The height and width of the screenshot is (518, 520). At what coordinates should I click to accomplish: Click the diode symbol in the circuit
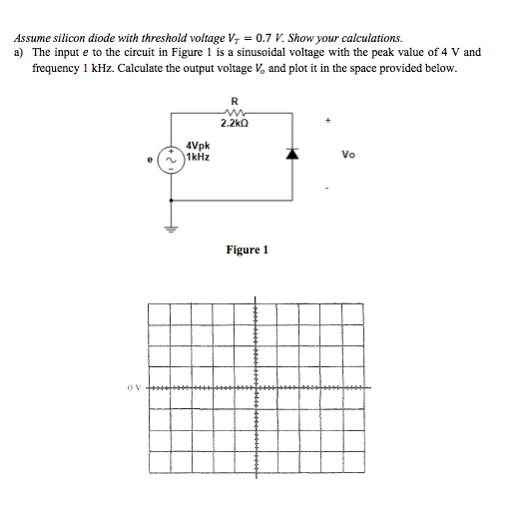click(291, 156)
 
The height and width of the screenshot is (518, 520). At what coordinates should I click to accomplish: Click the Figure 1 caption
click(248, 250)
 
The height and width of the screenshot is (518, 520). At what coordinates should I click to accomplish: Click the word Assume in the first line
click(34, 38)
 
